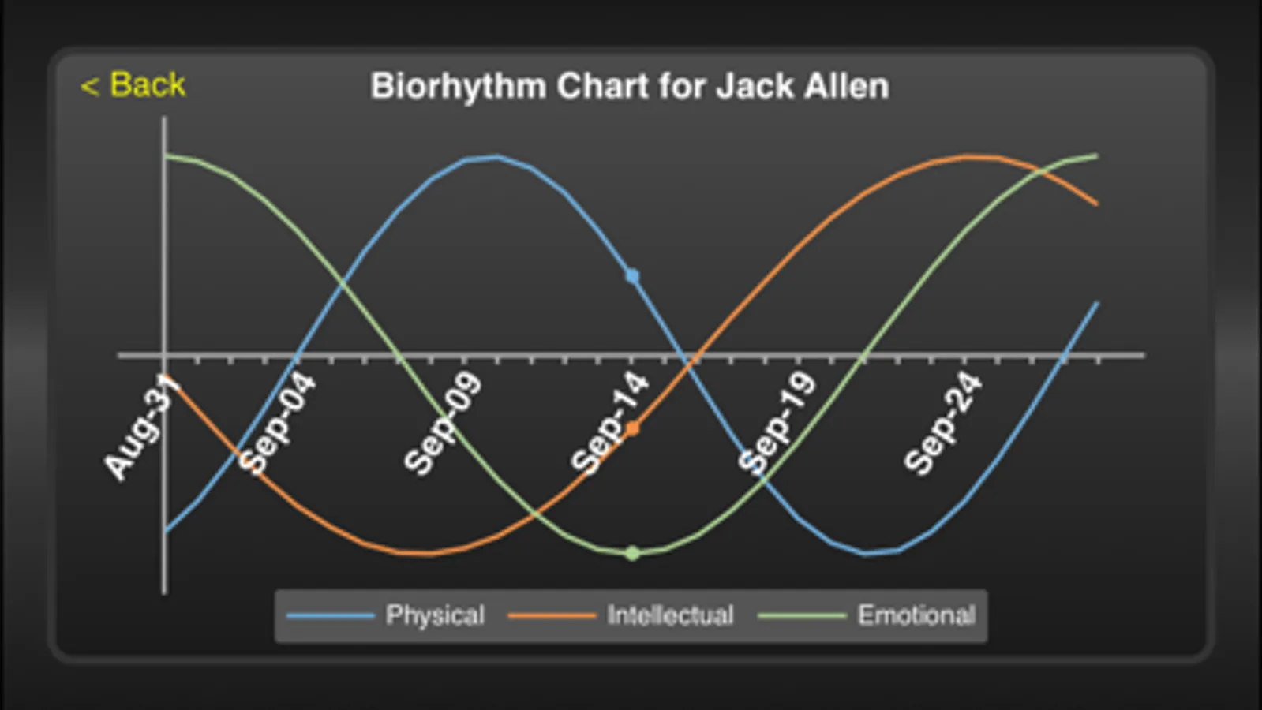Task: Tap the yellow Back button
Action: point(133,84)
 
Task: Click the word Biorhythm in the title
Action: point(458,87)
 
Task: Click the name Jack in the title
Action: point(754,86)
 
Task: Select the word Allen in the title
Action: point(846,86)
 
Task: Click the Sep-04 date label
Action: point(276,424)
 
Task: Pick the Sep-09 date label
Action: point(442,424)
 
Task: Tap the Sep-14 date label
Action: point(609,424)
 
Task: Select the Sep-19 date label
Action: point(777,424)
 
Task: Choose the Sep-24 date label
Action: point(943,424)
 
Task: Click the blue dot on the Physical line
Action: point(632,276)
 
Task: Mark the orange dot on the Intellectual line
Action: point(632,429)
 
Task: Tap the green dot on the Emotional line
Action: point(632,553)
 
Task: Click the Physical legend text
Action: point(435,615)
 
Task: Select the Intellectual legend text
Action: point(670,615)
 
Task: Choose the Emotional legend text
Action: point(916,615)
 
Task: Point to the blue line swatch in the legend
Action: point(330,615)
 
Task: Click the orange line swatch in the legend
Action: point(552,615)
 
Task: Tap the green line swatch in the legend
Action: point(802,615)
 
